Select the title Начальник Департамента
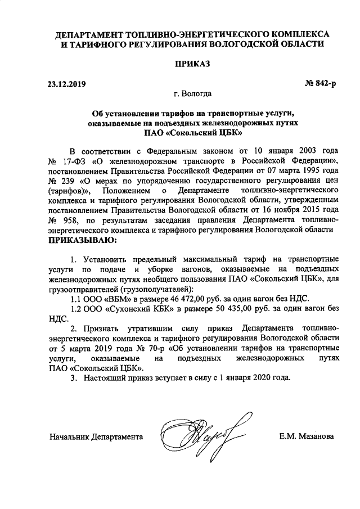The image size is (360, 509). pyautogui.click(x=96, y=436)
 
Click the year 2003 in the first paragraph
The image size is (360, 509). pyautogui.click(x=309, y=151)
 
